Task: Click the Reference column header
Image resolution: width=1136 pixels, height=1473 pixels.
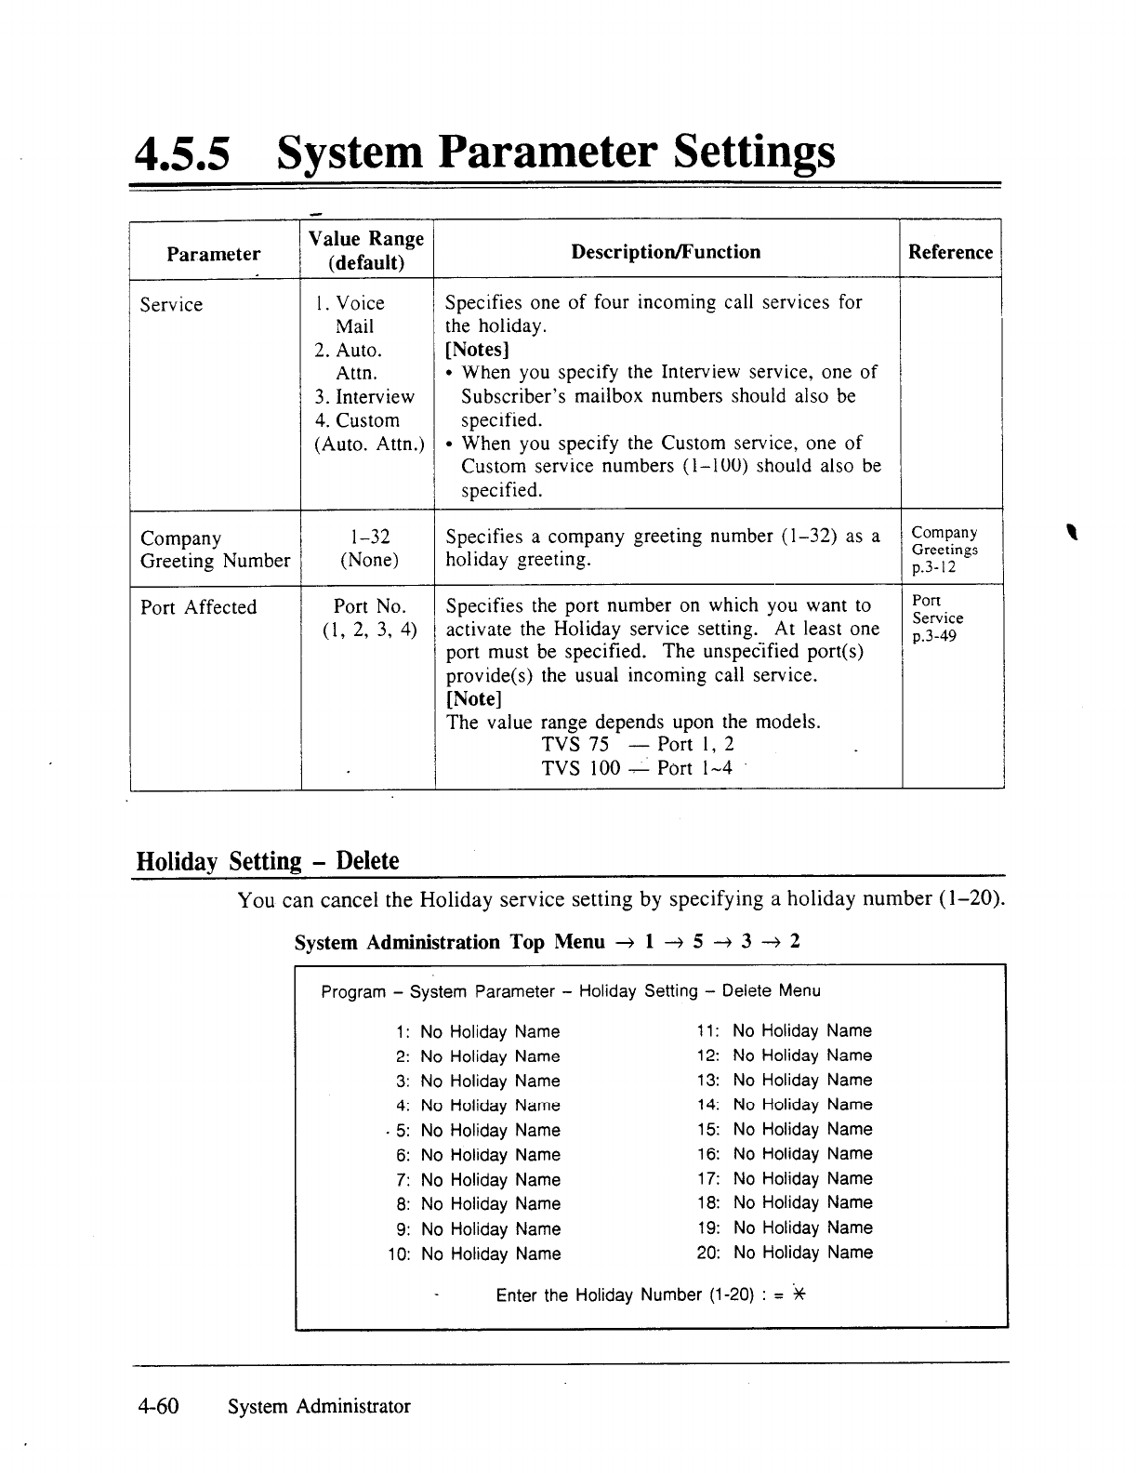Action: (950, 252)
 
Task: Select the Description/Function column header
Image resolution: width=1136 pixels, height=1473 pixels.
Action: (666, 252)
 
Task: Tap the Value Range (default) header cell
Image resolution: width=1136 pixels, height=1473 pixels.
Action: (366, 250)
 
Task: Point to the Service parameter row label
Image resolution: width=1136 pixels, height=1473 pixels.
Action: (171, 305)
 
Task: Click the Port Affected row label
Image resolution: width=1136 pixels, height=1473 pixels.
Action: (198, 607)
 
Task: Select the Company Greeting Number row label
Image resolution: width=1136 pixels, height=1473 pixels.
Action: (215, 550)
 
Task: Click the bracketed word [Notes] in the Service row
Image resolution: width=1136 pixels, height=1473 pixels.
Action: (477, 350)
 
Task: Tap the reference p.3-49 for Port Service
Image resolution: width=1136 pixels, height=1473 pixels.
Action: (934, 637)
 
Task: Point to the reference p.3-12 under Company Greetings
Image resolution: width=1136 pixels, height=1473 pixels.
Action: (933, 567)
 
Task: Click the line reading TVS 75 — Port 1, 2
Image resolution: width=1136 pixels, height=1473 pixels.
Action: (638, 744)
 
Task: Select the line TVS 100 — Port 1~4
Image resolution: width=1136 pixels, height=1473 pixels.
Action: (637, 768)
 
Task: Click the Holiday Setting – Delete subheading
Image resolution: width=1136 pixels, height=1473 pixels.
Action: (268, 860)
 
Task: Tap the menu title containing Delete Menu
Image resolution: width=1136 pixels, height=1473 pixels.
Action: (571, 991)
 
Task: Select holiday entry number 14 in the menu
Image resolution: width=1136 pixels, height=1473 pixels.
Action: (785, 1105)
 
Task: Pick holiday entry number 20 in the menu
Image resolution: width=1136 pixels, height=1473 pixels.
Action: (785, 1253)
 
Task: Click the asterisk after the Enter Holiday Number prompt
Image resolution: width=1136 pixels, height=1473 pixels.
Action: (798, 1294)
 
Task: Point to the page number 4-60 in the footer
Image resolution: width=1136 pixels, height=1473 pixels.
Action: (157, 1406)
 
